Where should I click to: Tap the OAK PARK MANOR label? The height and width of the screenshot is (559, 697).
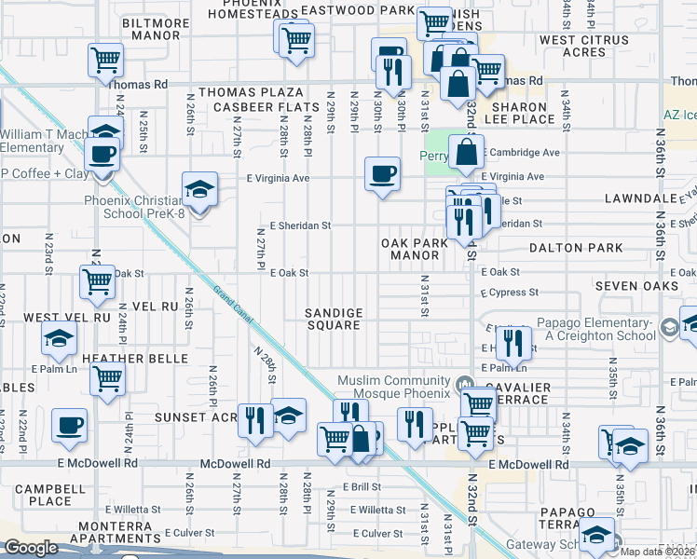pos(415,249)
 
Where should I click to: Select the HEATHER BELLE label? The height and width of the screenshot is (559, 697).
pos(136,359)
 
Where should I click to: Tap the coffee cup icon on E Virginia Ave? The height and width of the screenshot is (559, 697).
pos(381,173)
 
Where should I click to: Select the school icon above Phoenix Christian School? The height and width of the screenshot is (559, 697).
pos(199,189)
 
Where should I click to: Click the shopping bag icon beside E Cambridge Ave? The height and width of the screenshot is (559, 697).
pos(466,151)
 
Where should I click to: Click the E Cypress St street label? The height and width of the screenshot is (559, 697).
pos(510,292)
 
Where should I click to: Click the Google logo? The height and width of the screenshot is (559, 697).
pos(31,549)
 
